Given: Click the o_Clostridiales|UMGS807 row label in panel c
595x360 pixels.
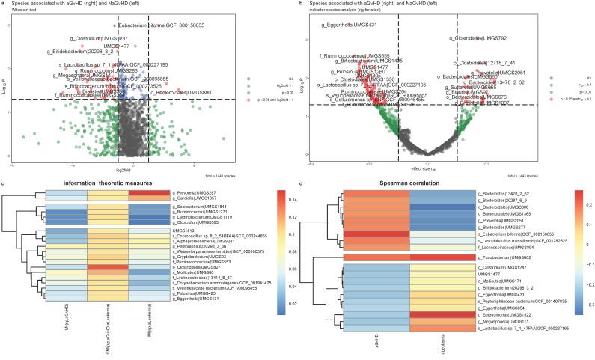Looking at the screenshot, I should click(195, 266).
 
